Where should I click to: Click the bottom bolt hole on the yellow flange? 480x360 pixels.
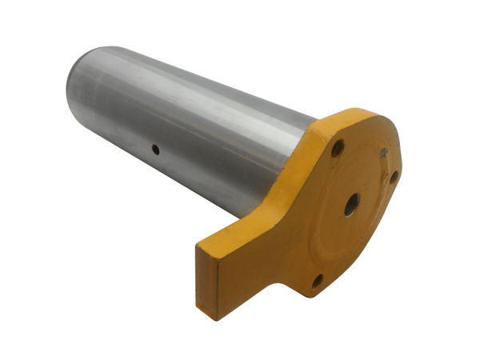point(318,280)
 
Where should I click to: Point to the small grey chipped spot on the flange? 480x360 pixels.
point(385,152)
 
